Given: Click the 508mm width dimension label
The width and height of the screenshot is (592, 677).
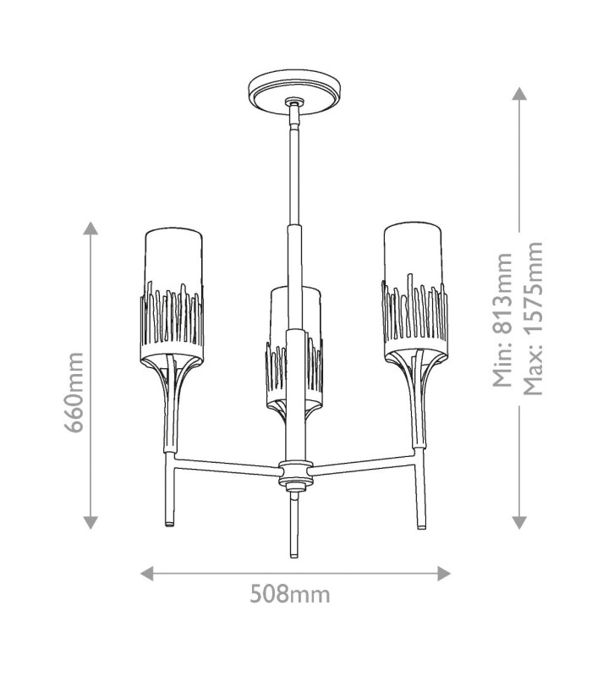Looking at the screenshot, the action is coord(290,594).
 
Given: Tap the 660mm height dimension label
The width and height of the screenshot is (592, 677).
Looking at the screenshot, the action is coord(74,393).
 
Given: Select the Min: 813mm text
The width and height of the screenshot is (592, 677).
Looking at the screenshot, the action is coord(502,320).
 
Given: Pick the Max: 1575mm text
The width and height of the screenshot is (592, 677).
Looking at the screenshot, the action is coord(533,319).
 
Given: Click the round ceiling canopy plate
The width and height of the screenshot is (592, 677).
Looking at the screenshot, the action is coord(295,93).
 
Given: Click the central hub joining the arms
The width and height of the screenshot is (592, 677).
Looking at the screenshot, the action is coord(295,474).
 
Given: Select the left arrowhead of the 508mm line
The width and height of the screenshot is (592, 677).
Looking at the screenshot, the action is coord(146,574).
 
